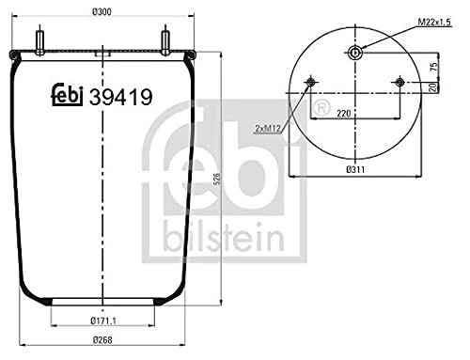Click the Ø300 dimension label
[101, 12]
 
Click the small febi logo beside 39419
[64, 94]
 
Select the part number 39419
[119, 94]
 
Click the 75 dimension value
[433, 67]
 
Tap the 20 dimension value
[433, 88]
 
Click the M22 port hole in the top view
[354, 53]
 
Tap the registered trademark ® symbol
[321, 112]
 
